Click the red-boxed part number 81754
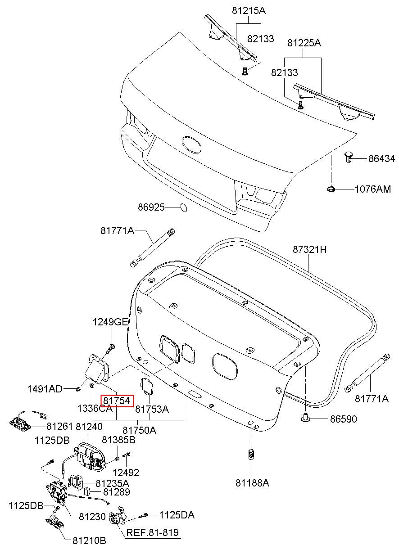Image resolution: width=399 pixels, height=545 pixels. point(117,399)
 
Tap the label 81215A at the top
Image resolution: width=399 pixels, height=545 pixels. point(249,9)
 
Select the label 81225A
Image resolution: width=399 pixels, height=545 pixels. point(304,43)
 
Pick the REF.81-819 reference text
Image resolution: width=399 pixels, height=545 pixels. point(152,533)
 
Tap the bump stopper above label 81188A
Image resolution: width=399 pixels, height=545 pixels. point(252,455)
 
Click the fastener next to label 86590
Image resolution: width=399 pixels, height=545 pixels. point(305,418)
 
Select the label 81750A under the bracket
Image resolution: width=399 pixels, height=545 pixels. point(140,430)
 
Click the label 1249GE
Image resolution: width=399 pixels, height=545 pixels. point(110,322)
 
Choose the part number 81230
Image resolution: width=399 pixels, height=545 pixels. point(92,517)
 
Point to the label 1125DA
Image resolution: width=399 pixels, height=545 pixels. point(177,515)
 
